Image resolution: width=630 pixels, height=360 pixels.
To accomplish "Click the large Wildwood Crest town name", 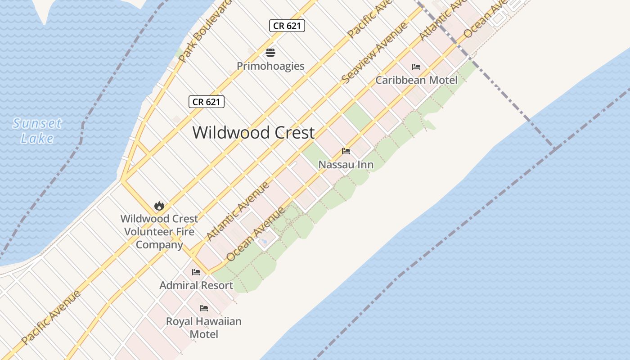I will click(253, 133).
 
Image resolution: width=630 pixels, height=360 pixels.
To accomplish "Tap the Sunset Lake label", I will click(37, 130).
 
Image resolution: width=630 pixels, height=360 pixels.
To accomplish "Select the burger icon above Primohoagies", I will click(270, 53).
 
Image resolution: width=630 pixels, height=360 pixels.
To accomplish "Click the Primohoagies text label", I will click(270, 66).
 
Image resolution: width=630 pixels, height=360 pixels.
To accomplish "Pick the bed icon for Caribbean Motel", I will click(416, 67).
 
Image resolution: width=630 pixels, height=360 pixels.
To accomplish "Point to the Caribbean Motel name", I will click(416, 80).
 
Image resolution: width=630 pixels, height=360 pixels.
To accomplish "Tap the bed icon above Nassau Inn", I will click(346, 151).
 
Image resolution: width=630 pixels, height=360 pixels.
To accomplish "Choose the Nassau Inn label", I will click(346, 165).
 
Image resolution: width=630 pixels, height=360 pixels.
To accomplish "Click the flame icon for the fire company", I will click(159, 206).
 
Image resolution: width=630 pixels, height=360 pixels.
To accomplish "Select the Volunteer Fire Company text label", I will click(159, 232).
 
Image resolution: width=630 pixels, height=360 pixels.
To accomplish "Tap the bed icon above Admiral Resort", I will click(196, 272).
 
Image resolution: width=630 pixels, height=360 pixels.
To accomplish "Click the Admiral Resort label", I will click(196, 285).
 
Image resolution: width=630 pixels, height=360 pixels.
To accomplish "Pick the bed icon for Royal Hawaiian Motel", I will click(204, 308).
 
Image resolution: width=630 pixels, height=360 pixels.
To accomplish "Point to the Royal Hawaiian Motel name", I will click(204, 328).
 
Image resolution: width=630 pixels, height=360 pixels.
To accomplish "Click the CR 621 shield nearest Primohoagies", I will click(287, 26).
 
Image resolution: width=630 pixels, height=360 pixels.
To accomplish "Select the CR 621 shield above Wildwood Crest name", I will click(206, 102).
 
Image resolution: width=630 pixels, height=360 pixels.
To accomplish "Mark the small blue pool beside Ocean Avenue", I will click(264, 242).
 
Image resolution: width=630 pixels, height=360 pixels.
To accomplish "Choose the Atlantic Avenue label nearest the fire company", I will click(238, 211).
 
